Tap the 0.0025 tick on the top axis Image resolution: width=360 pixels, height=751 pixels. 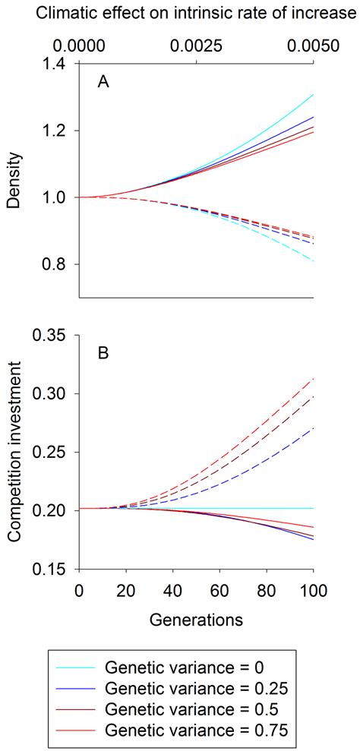pos(197,46)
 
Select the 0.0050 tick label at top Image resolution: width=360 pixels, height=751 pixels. pos(314,46)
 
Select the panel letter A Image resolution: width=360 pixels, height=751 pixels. pos(103,84)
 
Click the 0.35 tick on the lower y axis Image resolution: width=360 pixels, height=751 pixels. pos(52,336)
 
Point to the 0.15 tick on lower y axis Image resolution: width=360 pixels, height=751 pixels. pos(52,570)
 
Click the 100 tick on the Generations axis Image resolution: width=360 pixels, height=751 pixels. pos(314,590)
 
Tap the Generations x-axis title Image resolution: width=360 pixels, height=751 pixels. pos(197,619)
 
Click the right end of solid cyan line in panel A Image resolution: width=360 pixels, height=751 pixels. pos(314,95)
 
